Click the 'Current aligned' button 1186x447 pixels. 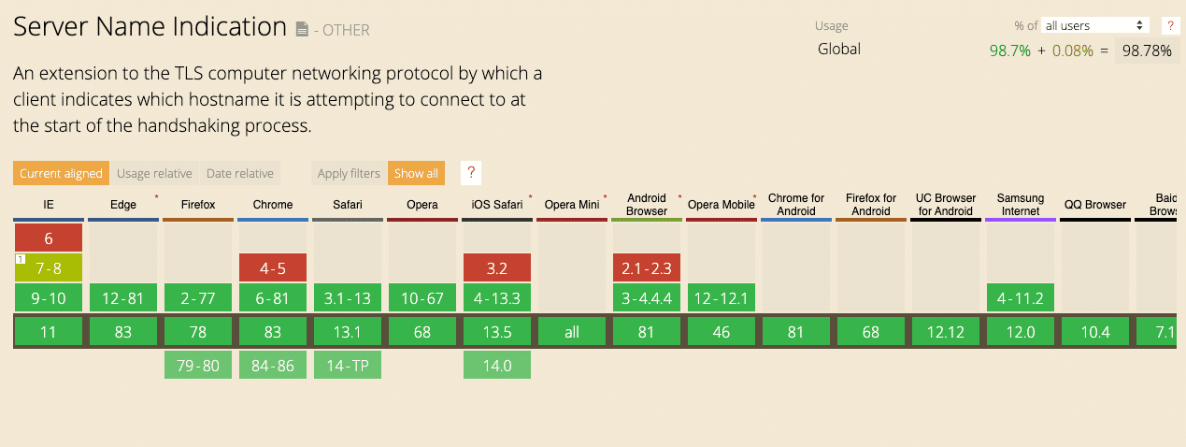pyautogui.click(x=61, y=173)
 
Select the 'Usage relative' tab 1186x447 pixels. pyautogui.click(x=154, y=173)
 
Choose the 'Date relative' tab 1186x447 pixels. pyautogui.click(x=240, y=173)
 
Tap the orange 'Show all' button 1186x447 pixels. pyautogui.click(x=416, y=173)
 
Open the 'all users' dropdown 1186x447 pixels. pyautogui.click(x=1095, y=25)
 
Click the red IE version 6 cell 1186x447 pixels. pyautogui.click(x=49, y=238)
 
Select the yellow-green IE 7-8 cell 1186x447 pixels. pyautogui.click(x=49, y=268)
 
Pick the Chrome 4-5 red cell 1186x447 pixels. pyautogui.click(x=273, y=268)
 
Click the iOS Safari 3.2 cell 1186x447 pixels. pyautogui.click(x=497, y=268)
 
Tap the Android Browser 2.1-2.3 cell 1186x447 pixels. pyautogui.click(x=647, y=268)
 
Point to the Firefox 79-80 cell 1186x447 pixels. pyautogui.click(x=198, y=365)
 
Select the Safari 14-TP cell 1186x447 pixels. pyautogui.click(x=348, y=365)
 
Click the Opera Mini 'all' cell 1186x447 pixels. pyautogui.click(x=572, y=332)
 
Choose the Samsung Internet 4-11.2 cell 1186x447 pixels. pyautogui.click(x=1021, y=299)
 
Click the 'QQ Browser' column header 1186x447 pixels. pyautogui.click(x=1094, y=205)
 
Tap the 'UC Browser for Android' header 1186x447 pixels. pyautogui.click(x=946, y=205)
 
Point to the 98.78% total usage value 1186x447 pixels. pyautogui.click(x=1147, y=50)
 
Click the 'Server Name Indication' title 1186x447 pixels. pyautogui.click(x=150, y=27)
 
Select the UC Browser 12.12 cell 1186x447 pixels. pyautogui.click(x=946, y=332)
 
